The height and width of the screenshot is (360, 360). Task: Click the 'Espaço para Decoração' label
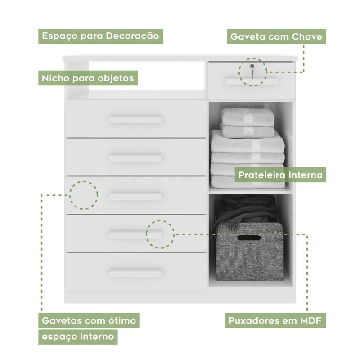pyautogui.click(x=100, y=36)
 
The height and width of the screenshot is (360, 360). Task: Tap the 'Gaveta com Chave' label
pyautogui.click(x=276, y=36)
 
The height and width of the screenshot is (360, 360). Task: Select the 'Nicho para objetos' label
pyautogui.click(x=88, y=78)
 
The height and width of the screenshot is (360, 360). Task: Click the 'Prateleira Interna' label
pyautogui.click(x=280, y=175)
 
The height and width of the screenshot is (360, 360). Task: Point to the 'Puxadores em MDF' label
pyautogui.click(x=275, y=320)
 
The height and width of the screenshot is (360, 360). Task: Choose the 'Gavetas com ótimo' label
pyautogui.click(x=89, y=320)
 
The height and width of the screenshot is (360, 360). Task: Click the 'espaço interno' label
pyautogui.click(x=78, y=337)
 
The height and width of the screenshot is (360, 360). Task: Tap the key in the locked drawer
pyautogui.click(x=252, y=71)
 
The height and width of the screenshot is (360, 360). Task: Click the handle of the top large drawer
pyautogui.click(x=135, y=120)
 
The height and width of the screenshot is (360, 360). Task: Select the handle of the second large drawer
pyautogui.click(x=135, y=158)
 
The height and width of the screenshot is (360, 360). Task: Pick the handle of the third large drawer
pyautogui.click(x=135, y=197)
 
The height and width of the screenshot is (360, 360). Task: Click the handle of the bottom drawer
pyautogui.click(x=135, y=273)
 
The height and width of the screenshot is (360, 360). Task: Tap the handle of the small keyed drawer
pyautogui.click(x=252, y=81)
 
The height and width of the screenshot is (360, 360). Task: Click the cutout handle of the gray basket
pyautogui.click(x=249, y=238)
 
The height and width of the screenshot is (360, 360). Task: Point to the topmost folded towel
pyautogui.click(x=248, y=117)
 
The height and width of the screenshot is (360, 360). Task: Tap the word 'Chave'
pyautogui.click(x=307, y=37)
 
